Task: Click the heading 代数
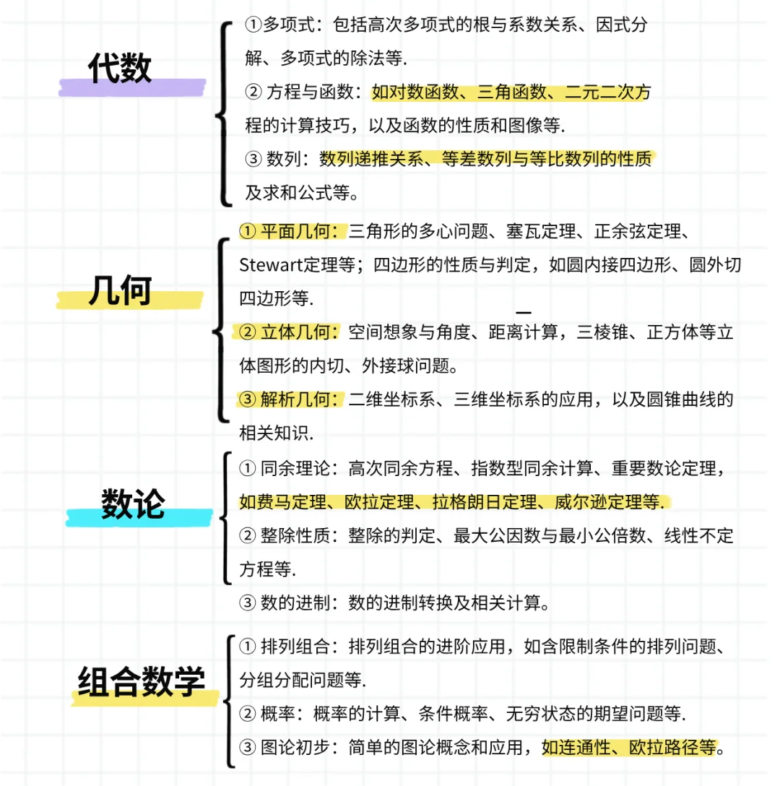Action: [119, 68]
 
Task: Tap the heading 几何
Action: [120, 290]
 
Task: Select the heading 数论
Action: [133, 504]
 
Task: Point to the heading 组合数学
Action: [142, 682]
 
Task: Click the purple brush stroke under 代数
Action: [132, 87]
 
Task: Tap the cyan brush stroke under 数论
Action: [139, 517]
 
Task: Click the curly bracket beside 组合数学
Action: [229, 701]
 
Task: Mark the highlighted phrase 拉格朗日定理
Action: [485, 501]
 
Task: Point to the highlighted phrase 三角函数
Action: [512, 92]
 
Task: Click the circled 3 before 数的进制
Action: [247, 603]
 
